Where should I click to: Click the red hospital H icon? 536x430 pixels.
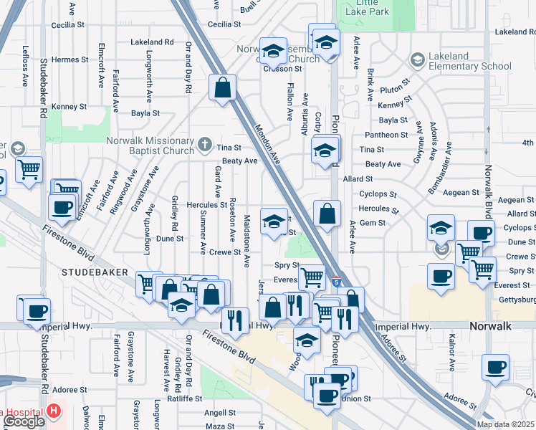54,412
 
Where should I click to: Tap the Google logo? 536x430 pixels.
23,421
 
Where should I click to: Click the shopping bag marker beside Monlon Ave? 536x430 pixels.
223,88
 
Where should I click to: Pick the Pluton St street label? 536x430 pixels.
393,90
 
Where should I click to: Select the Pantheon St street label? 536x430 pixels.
386,135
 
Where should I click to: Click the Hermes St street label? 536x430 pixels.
70,59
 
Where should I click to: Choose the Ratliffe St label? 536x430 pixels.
185,398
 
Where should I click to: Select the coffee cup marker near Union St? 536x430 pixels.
327,395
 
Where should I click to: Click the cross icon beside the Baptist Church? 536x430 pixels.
204,145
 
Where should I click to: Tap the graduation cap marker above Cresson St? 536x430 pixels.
272,52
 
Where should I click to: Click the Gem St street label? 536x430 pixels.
373,223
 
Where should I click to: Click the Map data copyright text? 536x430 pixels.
504,424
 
